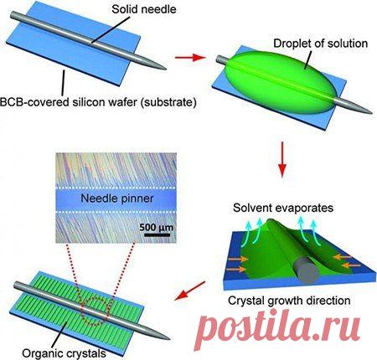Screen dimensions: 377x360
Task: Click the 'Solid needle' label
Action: click(x=144, y=9)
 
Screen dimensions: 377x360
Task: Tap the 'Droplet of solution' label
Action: click(x=321, y=44)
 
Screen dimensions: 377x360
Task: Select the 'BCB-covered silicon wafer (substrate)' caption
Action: click(x=98, y=102)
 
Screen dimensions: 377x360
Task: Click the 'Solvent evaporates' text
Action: click(x=283, y=208)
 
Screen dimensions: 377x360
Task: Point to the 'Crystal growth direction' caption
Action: click(x=289, y=301)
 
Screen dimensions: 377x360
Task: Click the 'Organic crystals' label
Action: click(x=64, y=353)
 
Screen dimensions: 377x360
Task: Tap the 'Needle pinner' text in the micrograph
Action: click(x=117, y=198)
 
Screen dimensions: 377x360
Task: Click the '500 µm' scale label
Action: click(x=157, y=227)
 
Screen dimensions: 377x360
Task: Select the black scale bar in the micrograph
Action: click(x=158, y=235)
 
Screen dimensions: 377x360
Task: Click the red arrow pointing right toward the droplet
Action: click(x=190, y=58)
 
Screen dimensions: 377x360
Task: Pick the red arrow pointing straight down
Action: click(x=282, y=159)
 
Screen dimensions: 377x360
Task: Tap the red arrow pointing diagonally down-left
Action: click(x=190, y=291)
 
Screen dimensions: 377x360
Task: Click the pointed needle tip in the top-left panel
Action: click(x=166, y=69)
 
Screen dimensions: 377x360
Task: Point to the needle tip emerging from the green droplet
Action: click(x=371, y=113)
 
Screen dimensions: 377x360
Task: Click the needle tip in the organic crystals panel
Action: click(x=169, y=339)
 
